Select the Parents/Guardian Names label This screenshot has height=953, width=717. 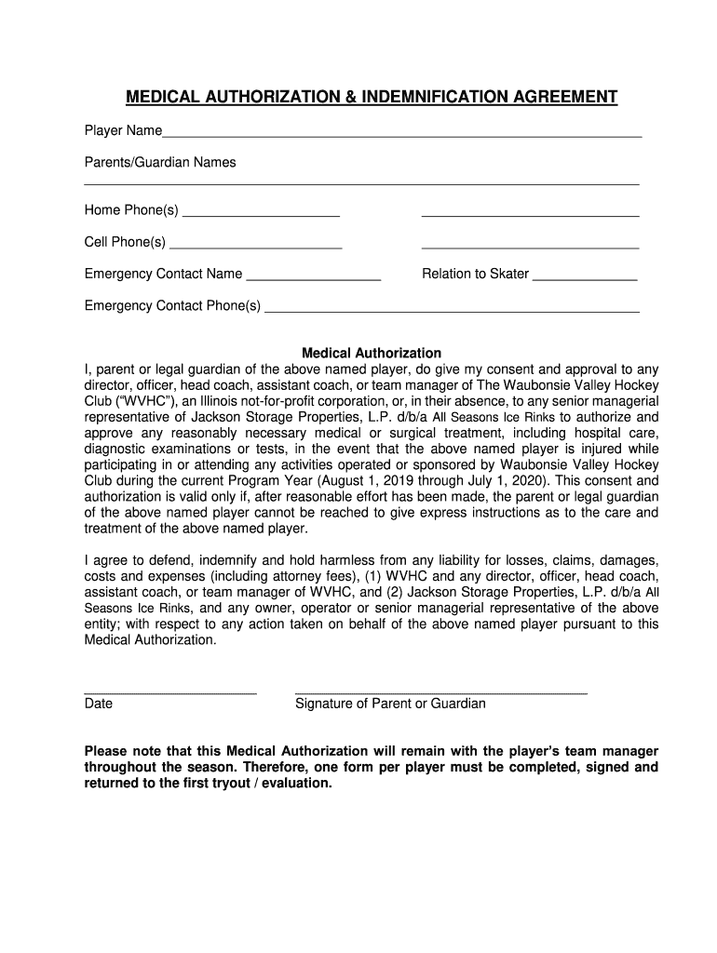[x=160, y=163]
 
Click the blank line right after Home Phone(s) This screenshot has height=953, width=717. [x=262, y=215]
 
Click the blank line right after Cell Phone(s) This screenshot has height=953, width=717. [x=256, y=248]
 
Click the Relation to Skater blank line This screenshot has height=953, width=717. [x=585, y=279]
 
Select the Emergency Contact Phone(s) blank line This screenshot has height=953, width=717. [x=453, y=311]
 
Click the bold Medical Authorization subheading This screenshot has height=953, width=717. [x=372, y=354]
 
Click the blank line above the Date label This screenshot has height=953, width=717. [x=170, y=692]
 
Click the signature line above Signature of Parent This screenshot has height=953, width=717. [x=440, y=692]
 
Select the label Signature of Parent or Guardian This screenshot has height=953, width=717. [x=390, y=705]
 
